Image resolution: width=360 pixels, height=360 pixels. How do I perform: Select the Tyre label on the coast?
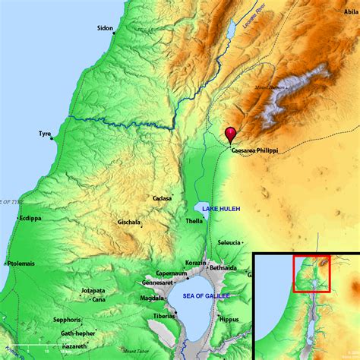(x=45, y=134)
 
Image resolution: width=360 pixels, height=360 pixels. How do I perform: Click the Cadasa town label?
(x=162, y=198)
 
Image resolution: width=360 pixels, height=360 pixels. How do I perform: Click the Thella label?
(x=194, y=221)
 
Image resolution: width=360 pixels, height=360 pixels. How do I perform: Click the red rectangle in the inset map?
(x=311, y=273)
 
